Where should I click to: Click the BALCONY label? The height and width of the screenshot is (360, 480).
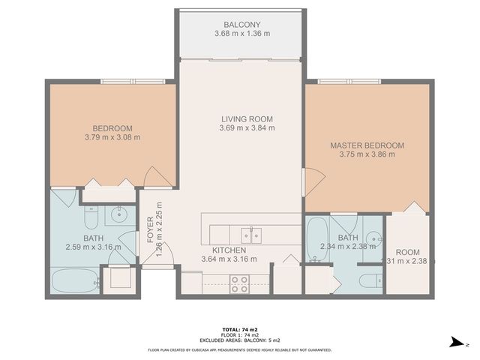[x=241, y=24]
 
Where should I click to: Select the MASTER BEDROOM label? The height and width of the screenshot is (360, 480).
[x=367, y=145]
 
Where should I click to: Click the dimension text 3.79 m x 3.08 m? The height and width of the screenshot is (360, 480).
[x=112, y=137]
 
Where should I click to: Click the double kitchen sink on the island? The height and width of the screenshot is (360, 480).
[x=255, y=234]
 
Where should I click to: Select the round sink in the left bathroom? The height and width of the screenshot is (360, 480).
[x=118, y=217]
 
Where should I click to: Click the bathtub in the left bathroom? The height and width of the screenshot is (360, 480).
[x=76, y=283]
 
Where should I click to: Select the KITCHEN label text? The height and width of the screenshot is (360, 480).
[x=229, y=250]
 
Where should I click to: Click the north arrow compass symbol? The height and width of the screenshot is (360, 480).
[x=455, y=343]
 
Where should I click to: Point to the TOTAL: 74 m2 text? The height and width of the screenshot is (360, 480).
[x=239, y=328]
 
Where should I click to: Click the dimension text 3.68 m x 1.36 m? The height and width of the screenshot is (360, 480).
[x=241, y=34]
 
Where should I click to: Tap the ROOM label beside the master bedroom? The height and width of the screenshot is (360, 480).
[x=408, y=252]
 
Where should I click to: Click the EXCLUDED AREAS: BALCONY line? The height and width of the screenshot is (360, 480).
[x=239, y=341]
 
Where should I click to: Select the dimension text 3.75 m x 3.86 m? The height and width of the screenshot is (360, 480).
[x=367, y=154]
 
